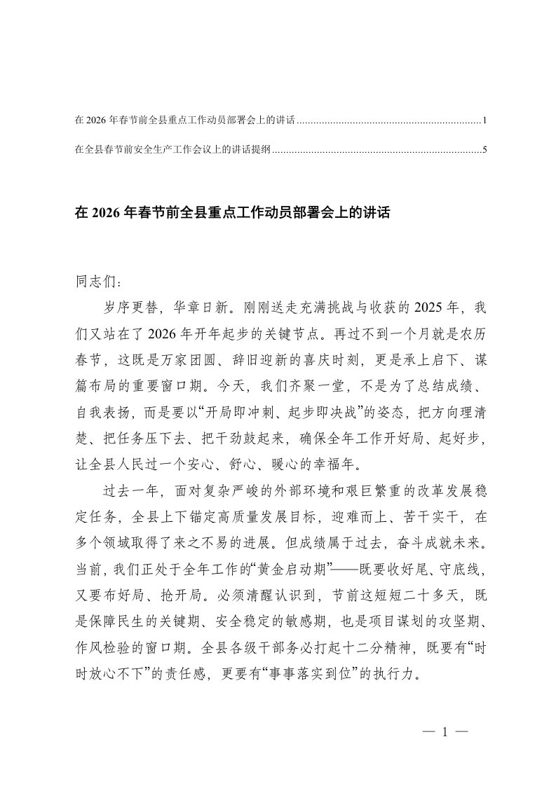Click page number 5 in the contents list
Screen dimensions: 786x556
[484, 149]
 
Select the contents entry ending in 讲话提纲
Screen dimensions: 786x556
[172, 149]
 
